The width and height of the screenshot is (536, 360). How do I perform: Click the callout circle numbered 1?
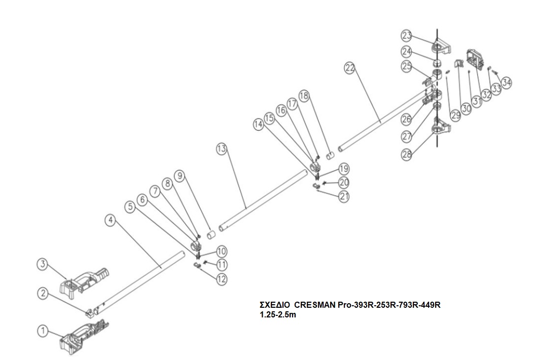[x=43, y=331]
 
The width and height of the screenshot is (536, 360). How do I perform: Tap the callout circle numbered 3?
[x=43, y=264]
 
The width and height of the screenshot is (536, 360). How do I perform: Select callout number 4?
[x=111, y=221]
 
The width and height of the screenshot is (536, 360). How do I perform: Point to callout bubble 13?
[x=222, y=149]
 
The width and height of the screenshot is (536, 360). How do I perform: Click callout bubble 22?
[x=350, y=68]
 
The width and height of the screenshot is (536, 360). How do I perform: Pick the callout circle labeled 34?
[x=507, y=82]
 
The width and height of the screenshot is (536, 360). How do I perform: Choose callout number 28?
[x=407, y=155]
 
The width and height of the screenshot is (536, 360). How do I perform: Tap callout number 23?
[x=406, y=35]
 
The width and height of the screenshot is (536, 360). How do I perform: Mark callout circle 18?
[x=304, y=96]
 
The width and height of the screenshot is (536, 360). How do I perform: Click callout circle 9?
[x=179, y=176]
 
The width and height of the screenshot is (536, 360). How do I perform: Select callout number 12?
[x=222, y=279]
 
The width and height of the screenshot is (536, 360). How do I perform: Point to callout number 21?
[x=344, y=196]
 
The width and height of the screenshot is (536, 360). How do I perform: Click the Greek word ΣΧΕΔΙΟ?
[x=275, y=305]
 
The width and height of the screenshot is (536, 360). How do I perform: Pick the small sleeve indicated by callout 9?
[x=211, y=235]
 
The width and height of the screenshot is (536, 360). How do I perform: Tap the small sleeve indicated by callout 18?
[x=330, y=156]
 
